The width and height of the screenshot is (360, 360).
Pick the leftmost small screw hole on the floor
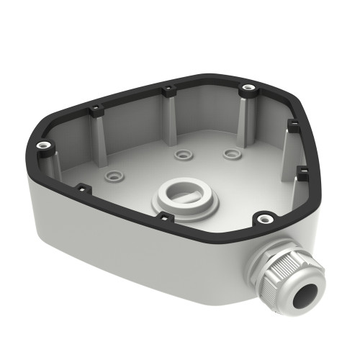113,175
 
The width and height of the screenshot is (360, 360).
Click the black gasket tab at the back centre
168,90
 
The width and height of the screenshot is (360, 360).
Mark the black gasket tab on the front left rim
81,188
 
